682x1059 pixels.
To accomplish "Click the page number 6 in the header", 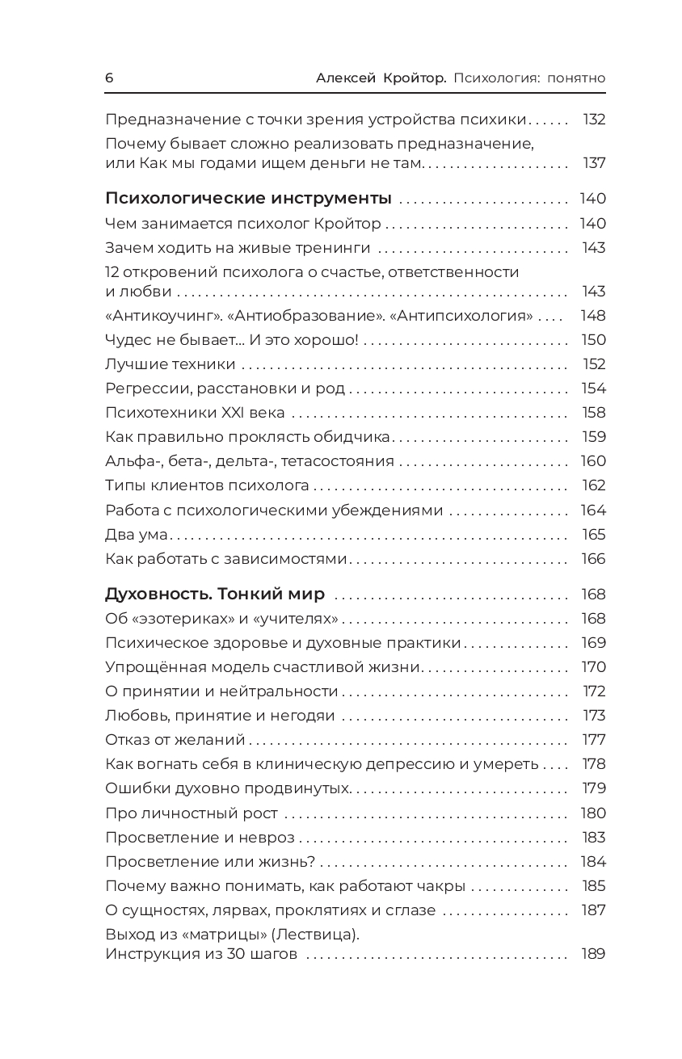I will [109, 78].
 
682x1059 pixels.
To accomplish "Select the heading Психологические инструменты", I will [248, 199].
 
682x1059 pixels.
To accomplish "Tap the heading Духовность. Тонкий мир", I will [215, 595].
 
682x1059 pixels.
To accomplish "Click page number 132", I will [594, 120].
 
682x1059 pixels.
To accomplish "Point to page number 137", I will [594, 163].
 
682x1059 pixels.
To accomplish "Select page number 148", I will [593, 316].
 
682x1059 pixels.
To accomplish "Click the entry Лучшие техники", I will [170, 364].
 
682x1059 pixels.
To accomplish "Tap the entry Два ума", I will [135, 535].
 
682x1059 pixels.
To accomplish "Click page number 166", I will [593, 559].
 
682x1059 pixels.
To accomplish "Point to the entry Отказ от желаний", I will [175, 740].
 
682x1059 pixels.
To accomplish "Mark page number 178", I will [594, 764].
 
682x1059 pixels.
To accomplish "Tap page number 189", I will [593, 954].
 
